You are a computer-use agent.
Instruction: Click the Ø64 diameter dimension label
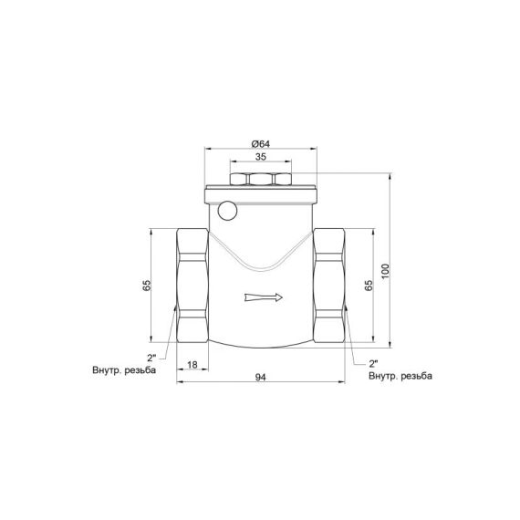point(259,143)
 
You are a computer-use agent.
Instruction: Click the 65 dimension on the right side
point(369,285)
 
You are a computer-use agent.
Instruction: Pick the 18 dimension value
point(192,365)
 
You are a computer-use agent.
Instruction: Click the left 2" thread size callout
point(151,358)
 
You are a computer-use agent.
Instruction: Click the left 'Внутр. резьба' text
point(124,371)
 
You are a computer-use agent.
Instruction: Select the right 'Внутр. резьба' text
point(400,375)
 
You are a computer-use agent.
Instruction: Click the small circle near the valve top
point(227,211)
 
